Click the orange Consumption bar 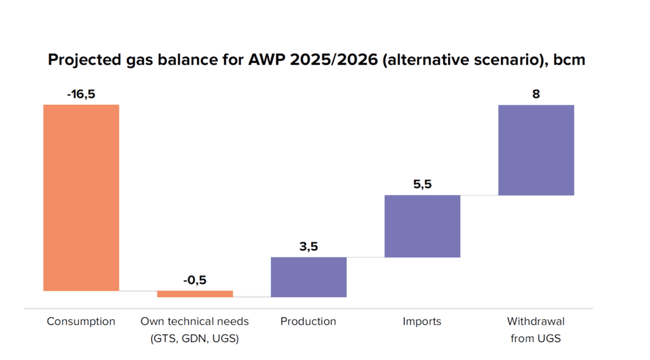[81, 197]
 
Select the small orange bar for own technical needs [195, 294]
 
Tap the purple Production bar [308, 277]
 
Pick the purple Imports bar [422, 226]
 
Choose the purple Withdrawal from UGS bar [536, 150]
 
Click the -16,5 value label [81, 94]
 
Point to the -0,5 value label [195, 280]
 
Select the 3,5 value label [308, 246]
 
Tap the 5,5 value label [422, 184]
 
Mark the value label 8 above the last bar [536, 94]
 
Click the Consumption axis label [81, 321]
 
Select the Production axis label [308, 321]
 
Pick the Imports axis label [422, 321]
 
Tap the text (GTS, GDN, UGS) [195, 338]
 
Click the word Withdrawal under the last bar [536, 321]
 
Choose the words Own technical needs [195, 321]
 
